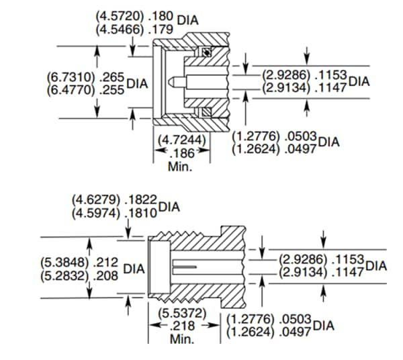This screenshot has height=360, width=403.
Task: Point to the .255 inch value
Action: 112,91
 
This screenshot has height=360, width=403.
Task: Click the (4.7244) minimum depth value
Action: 182,140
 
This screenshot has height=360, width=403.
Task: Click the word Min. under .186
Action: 180,167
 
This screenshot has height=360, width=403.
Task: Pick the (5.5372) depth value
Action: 182,314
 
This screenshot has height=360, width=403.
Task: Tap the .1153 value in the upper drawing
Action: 331,77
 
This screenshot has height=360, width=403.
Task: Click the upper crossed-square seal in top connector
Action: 207,52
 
